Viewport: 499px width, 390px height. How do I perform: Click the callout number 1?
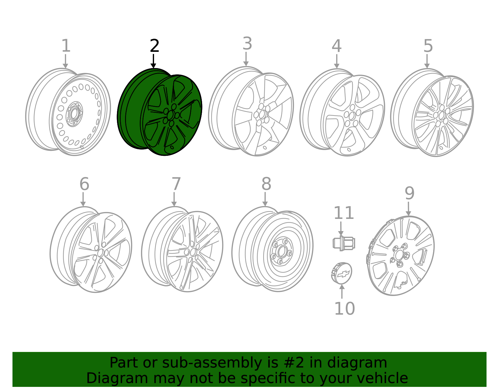(x=66, y=46)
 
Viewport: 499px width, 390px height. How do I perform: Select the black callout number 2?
(x=154, y=46)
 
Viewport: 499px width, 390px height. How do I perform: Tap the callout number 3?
(x=247, y=44)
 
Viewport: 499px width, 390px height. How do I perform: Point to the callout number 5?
(x=428, y=46)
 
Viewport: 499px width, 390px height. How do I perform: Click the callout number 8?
(x=266, y=184)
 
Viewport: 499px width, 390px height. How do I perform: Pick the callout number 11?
(x=344, y=213)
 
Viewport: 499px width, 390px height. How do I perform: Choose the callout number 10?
(x=344, y=309)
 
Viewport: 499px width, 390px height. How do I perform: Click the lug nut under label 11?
(x=343, y=243)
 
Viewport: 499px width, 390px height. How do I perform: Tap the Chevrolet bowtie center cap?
(x=342, y=273)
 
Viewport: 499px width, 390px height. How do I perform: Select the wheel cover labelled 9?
(x=401, y=255)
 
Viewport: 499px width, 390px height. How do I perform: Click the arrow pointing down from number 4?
(x=337, y=61)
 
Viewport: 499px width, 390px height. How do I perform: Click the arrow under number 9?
(x=408, y=209)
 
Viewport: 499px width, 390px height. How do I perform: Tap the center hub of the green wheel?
(x=170, y=116)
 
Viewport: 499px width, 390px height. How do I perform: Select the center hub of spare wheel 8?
(x=282, y=251)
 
